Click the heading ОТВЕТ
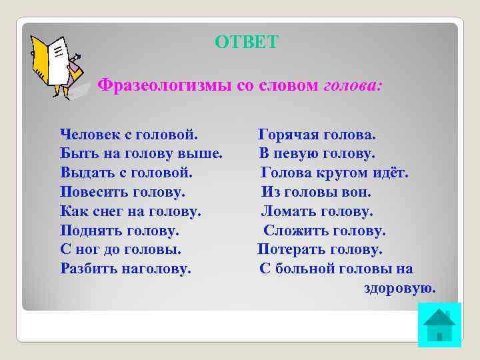(247, 43)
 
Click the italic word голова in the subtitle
(353, 86)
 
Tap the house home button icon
(439, 325)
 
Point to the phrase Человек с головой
(129, 135)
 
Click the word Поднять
(88, 231)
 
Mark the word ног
(85, 250)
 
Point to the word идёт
(389, 173)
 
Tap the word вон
(357, 193)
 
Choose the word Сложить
(293, 231)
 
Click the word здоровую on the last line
(399, 289)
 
